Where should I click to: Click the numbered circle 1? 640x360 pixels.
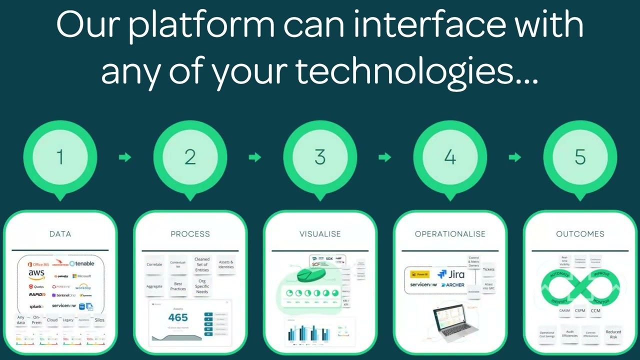60,157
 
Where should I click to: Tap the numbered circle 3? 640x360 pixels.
320,157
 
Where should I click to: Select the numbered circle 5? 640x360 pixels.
580,157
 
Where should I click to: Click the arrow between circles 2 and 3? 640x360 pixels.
255,157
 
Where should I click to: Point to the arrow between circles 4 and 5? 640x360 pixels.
515,157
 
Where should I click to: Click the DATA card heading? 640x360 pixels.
60,233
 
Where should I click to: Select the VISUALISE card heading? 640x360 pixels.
320,233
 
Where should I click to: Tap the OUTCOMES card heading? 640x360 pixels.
580,233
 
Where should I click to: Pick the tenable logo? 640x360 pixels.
82,263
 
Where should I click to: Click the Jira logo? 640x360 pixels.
451,274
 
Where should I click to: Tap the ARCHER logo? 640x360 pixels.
453,285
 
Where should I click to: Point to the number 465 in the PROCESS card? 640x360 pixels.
178,317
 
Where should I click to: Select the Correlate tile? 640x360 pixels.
154,264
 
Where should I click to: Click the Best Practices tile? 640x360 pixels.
178,286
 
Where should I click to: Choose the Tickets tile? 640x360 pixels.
488,269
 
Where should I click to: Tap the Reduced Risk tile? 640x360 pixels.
613,334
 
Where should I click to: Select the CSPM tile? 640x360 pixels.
580,311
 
